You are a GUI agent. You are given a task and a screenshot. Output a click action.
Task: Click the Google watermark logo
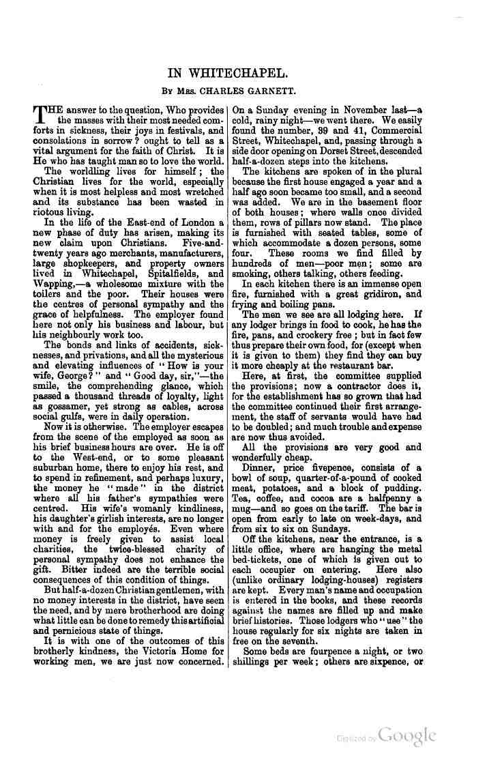(x=407, y=736)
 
